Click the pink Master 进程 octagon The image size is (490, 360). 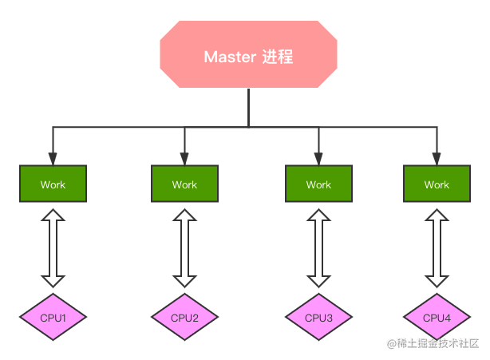pos(248,54)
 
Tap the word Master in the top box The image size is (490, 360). pos(230,57)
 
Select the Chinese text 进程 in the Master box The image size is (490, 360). pos(278,57)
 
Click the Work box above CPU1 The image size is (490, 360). pos(53,184)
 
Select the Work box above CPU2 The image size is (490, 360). pos(184,184)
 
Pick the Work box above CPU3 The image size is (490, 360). pos(318,184)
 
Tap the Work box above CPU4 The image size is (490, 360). pos(437,184)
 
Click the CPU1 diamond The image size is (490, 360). pos(53,317)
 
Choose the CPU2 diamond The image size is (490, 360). pos(184,317)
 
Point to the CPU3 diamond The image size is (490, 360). pos(318,317)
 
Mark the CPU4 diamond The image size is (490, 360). pos(437,317)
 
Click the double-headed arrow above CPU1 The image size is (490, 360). pos(53,248)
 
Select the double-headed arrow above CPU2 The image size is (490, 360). pos(184,248)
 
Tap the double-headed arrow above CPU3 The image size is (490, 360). pos(318,248)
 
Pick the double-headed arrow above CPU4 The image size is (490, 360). pos(437,248)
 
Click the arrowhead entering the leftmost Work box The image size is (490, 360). pos(53,159)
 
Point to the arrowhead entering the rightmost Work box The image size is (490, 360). pos(437,159)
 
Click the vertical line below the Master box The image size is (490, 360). pos(248,108)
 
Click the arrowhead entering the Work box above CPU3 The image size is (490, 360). pos(318,159)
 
